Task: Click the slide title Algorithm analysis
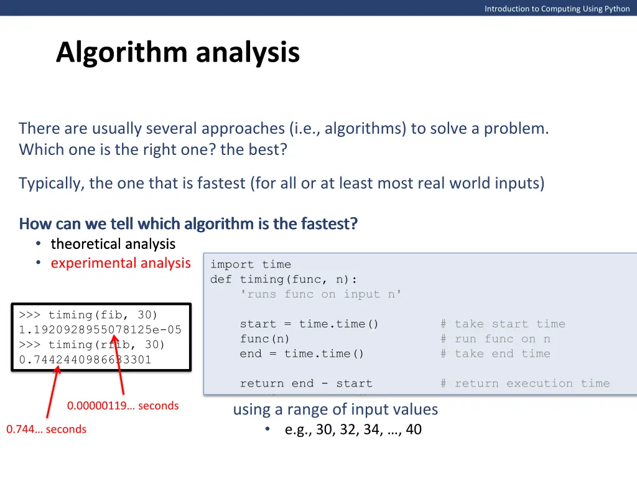pyautogui.click(x=178, y=52)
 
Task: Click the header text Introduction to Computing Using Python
pyautogui.click(x=557, y=8)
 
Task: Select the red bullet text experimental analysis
pyautogui.click(x=121, y=263)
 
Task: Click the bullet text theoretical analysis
pyautogui.click(x=113, y=243)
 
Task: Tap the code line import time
pyautogui.click(x=250, y=265)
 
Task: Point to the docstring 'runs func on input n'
pyautogui.click(x=321, y=294)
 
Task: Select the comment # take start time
pyautogui.click(x=503, y=324)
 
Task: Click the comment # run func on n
pyautogui.click(x=495, y=339)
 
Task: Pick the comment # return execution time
pyautogui.click(x=525, y=384)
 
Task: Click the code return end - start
pyautogui.click(x=306, y=384)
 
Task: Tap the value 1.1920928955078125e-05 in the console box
pyautogui.click(x=100, y=330)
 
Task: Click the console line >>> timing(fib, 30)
pyautogui.click(x=88, y=315)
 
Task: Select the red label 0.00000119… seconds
pyautogui.click(x=123, y=406)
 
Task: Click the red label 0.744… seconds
pyautogui.click(x=47, y=429)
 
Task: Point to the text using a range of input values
pyautogui.click(x=335, y=410)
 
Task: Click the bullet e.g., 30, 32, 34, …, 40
pyautogui.click(x=353, y=429)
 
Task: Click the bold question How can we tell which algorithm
pyautogui.click(x=188, y=223)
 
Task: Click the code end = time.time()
pyautogui.click(x=302, y=354)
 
